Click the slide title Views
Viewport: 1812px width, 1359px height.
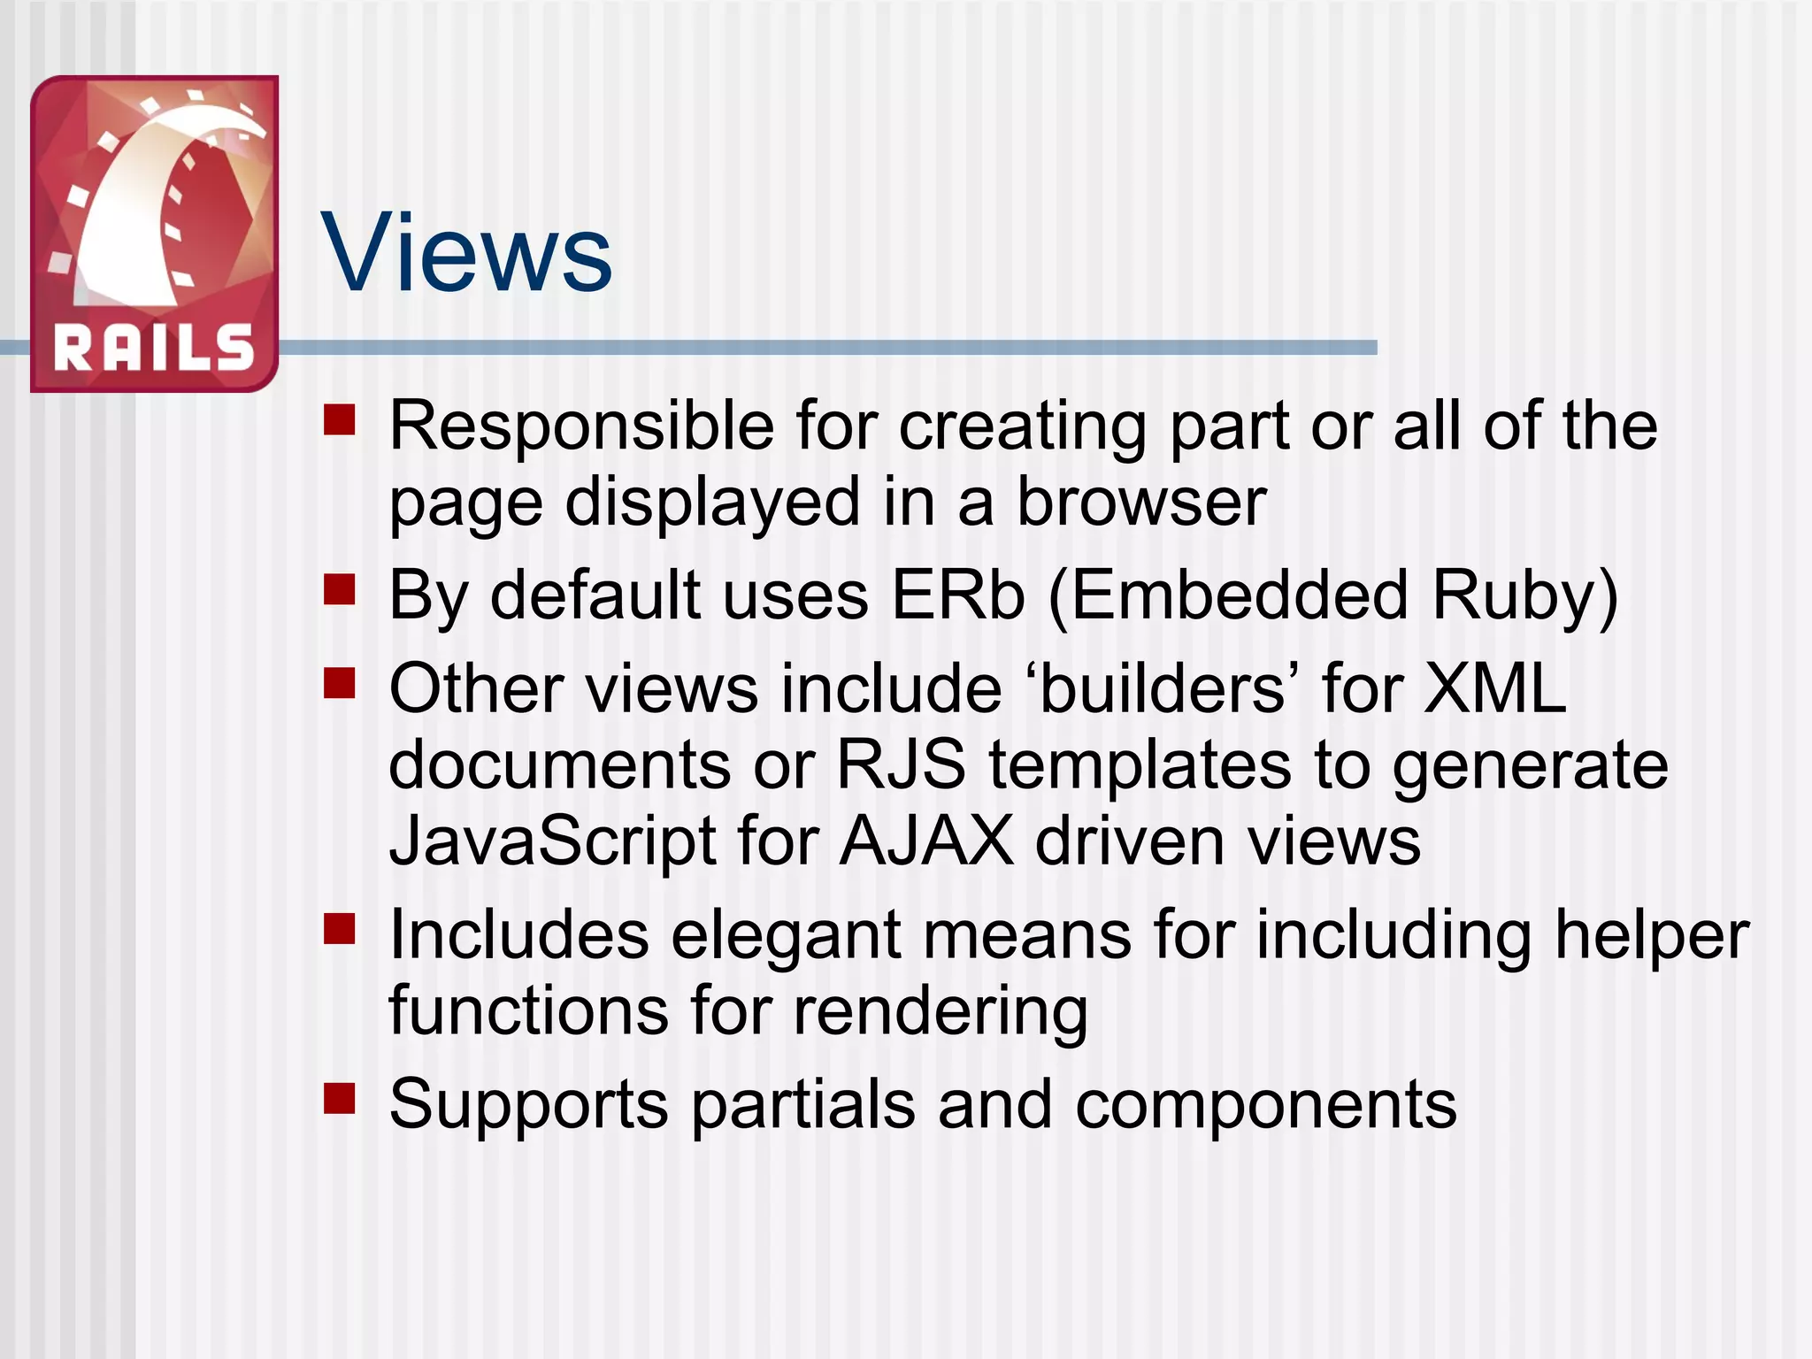point(466,253)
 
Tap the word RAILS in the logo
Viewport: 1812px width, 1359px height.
point(155,348)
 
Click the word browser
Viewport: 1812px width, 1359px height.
point(1141,502)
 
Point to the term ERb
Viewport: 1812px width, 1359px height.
point(958,595)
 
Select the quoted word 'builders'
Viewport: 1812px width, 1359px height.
point(1162,688)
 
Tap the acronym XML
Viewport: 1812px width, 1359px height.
point(1495,688)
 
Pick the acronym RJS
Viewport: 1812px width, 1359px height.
point(901,764)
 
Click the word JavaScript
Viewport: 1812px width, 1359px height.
point(552,841)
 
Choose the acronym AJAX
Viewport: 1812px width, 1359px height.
point(925,840)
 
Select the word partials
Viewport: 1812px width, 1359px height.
point(802,1105)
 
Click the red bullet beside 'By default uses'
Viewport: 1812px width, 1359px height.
point(339,589)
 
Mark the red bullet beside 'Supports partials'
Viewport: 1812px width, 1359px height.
point(339,1099)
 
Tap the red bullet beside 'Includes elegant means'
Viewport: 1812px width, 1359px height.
point(339,930)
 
